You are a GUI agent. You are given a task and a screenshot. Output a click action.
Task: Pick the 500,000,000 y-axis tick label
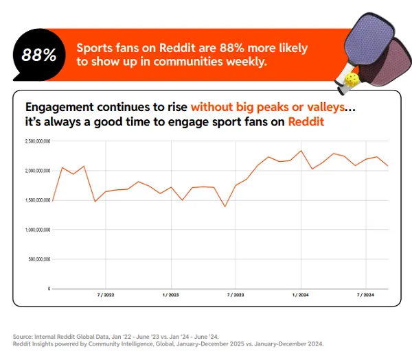[39, 259]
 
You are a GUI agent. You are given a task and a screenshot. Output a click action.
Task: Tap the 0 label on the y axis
[49, 289]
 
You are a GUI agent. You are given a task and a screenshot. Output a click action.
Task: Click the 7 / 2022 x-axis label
[106, 295]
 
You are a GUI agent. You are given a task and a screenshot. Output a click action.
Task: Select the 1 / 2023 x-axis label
[170, 295]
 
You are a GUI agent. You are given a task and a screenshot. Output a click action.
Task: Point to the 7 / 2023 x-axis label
[235, 295]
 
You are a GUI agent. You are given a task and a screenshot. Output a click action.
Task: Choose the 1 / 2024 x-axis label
[300, 295]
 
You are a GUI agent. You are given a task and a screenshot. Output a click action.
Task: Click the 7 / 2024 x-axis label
[365, 295]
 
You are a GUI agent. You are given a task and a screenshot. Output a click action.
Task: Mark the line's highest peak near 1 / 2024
[301, 151]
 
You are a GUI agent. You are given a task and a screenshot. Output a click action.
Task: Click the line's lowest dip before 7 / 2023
[225, 206]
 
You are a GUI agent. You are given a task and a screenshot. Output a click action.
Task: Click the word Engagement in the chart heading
[58, 108]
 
